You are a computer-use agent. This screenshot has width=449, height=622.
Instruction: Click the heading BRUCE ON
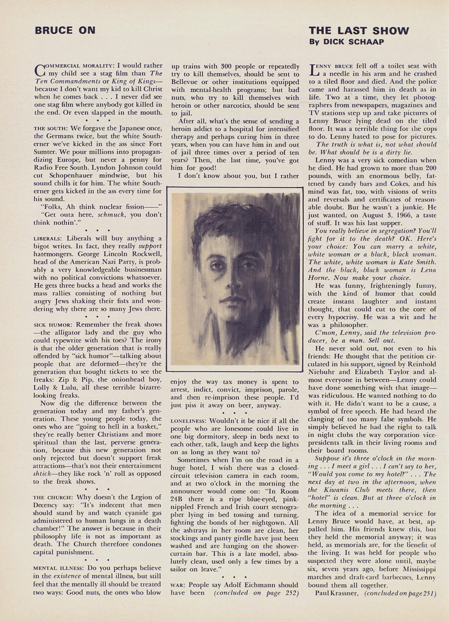[65, 30]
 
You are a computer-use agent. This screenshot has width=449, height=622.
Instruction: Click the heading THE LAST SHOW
[359, 30]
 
